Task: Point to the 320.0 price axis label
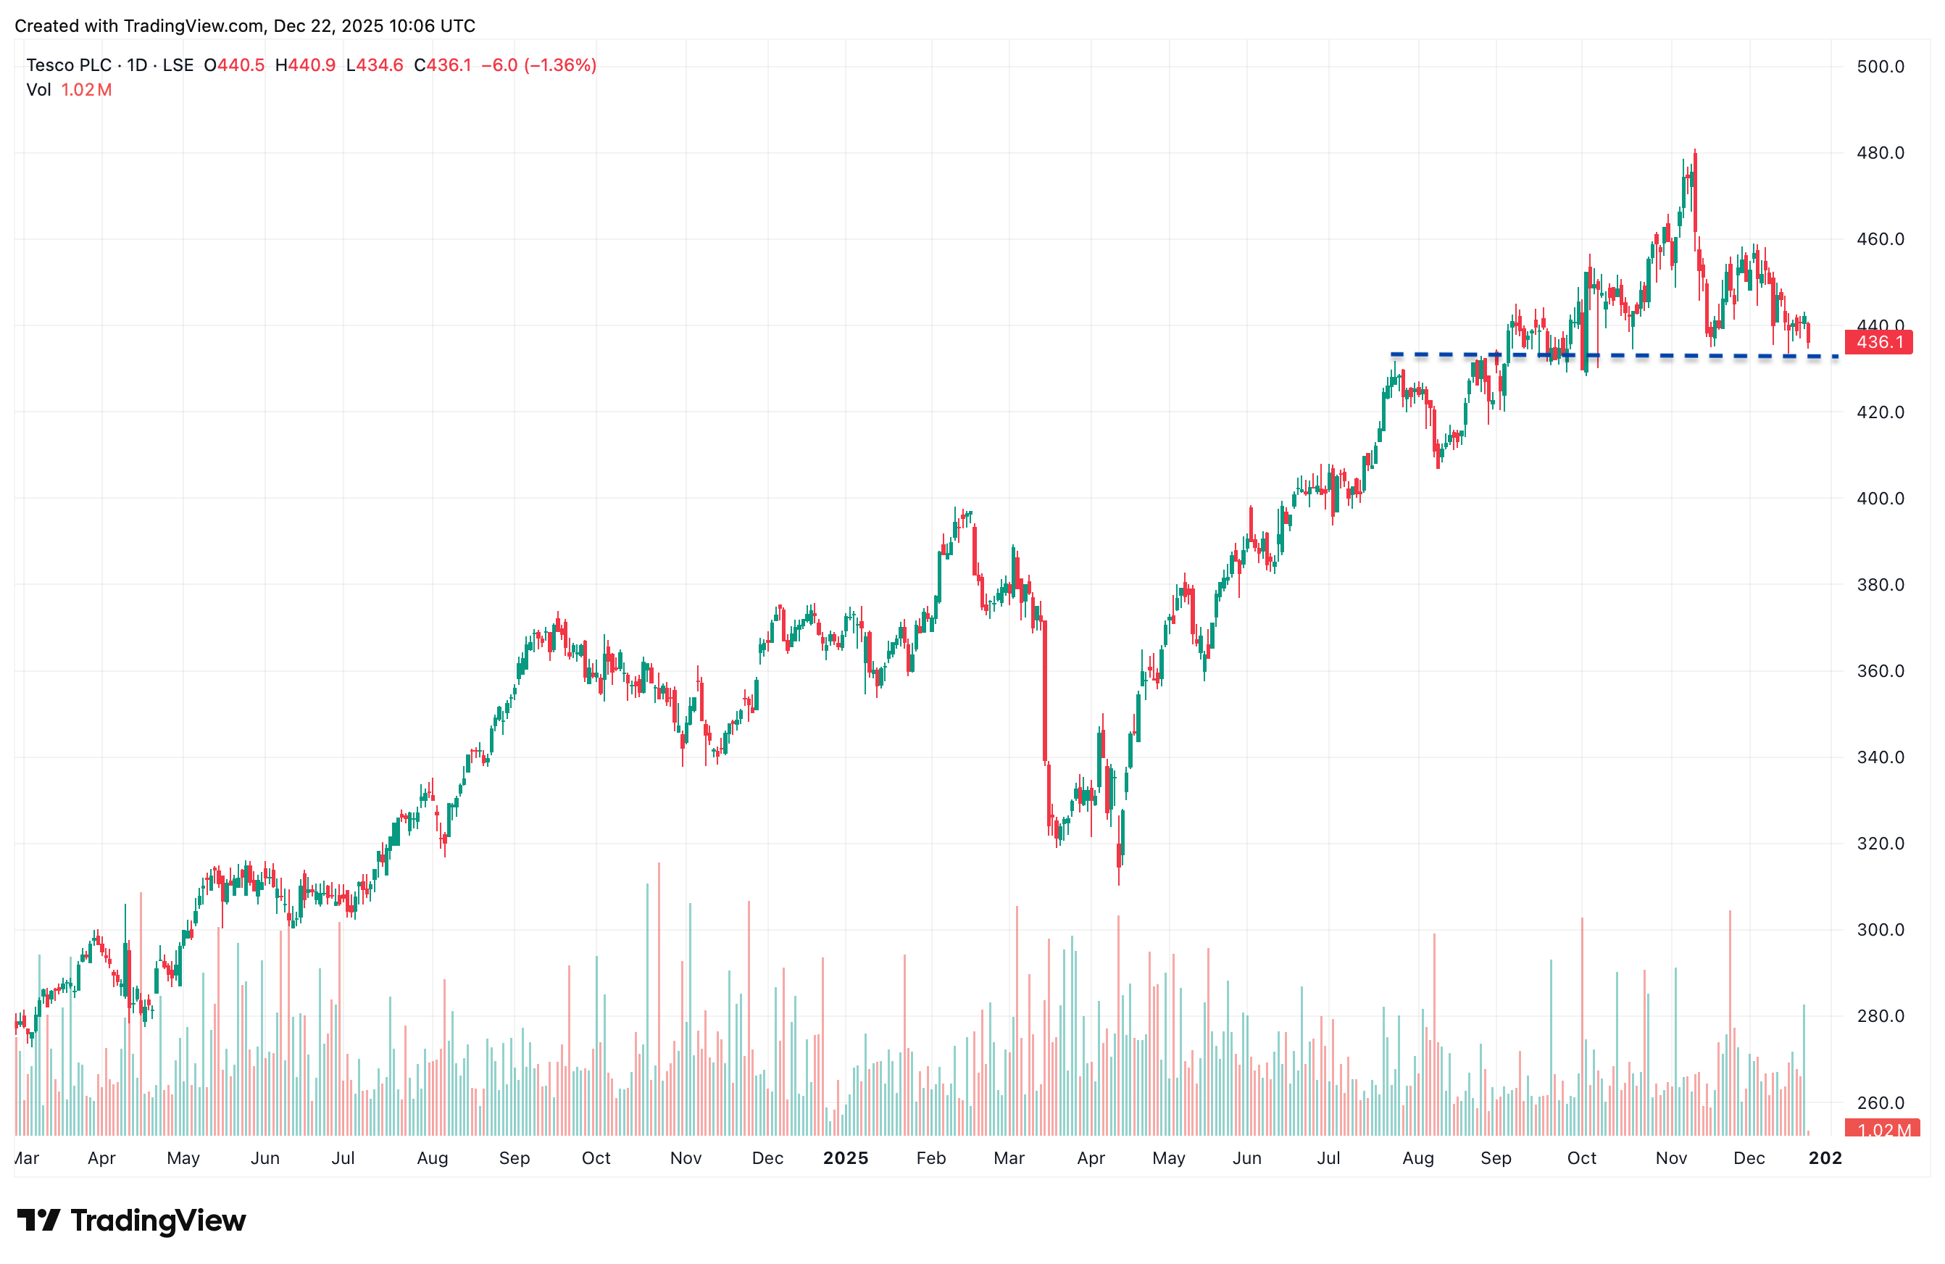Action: click(x=1880, y=844)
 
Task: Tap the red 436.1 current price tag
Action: click(x=1878, y=342)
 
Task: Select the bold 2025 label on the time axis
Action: click(x=845, y=1157)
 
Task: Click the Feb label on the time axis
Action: click(x=930, y=1157)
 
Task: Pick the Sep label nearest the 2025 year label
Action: click(x=514, y=1157)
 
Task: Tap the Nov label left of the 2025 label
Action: click(x=686, y=1157)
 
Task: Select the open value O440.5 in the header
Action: click(x=234, y=65)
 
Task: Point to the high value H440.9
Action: click(x=305, y=65)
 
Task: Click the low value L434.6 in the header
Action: click(x=375, y=65)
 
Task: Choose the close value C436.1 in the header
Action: click(x=442, y=65)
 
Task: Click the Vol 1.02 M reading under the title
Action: click(x=70, y=90)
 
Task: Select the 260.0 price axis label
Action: click(x=1880, y=1103)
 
